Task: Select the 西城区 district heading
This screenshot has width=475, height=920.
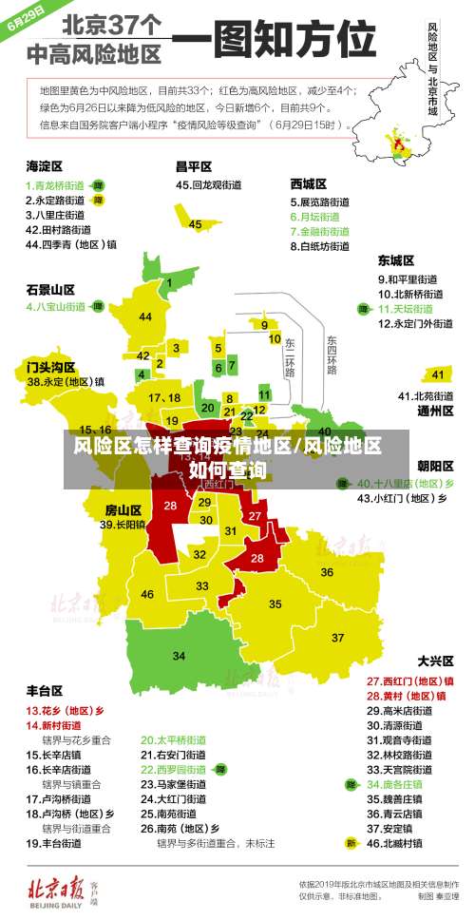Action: pos(309,183)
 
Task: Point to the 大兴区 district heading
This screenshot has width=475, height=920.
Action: pos(436,661)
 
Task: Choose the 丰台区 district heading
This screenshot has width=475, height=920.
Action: pos(45,691)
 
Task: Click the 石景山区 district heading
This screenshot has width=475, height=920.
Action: pos(50,289)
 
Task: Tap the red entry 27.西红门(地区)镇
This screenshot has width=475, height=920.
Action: pos(410,680)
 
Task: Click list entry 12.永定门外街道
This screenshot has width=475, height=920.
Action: pos(416,323)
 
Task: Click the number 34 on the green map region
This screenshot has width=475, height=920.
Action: pos(179,656)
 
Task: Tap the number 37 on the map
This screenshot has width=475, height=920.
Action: pos(337,637)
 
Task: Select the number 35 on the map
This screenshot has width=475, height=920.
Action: pos(275,604)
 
